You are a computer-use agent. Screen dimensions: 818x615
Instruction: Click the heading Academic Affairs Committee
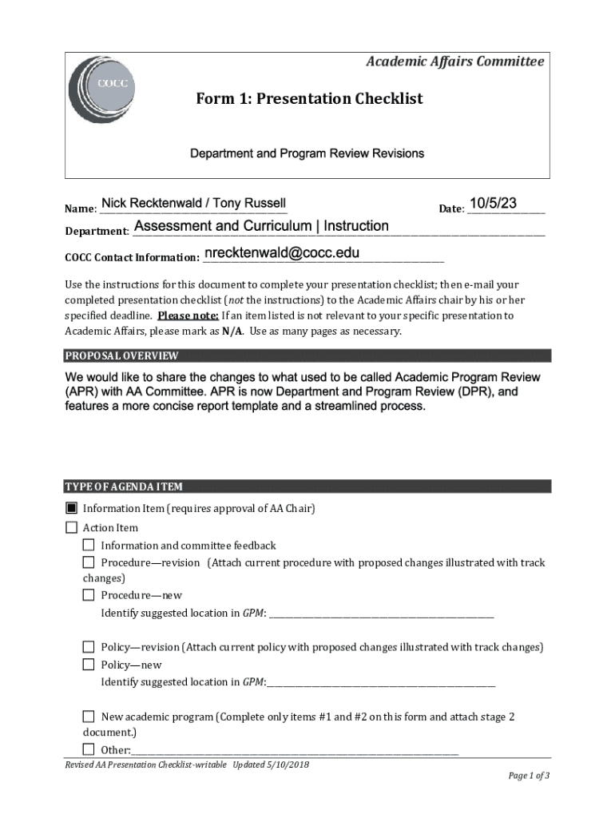454,62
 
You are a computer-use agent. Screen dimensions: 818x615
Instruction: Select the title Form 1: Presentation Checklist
309,99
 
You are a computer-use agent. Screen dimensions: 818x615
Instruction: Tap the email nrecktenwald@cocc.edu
282,253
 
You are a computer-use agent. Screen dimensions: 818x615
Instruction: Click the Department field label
97,232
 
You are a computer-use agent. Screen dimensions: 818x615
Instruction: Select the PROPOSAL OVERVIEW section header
121,355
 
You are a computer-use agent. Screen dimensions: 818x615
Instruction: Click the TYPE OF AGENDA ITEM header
124,486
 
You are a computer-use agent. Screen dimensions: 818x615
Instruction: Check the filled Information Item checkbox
71,508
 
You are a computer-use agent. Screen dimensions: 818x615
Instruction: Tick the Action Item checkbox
71,527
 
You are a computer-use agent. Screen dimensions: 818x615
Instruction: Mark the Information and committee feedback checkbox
89,545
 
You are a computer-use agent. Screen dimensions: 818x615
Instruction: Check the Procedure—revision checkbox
89,562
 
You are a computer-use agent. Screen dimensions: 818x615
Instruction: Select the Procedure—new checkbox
89,594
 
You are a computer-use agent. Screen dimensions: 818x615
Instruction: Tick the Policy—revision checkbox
89,646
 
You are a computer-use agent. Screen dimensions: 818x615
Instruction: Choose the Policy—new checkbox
89,664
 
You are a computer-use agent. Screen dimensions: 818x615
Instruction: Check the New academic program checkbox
89,717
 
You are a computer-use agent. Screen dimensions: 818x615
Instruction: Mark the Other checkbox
89,749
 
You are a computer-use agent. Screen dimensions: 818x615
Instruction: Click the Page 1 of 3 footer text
529,776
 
